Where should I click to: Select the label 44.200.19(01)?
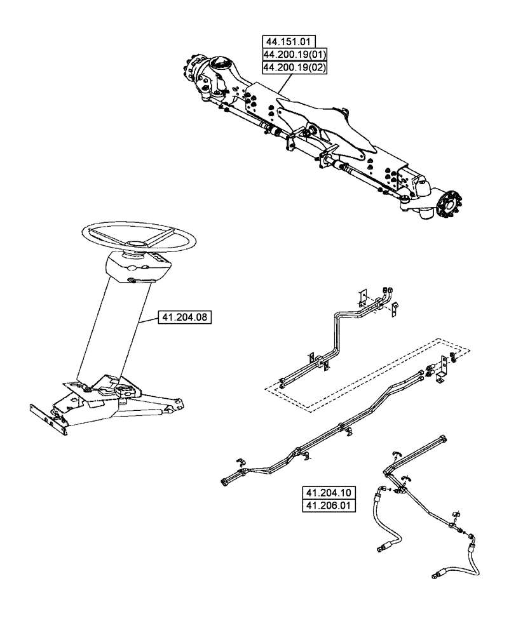pos(294,55)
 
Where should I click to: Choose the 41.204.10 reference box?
pos(325,493)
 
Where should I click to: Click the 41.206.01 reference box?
pos(325,505)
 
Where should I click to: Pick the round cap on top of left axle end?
pos(219,63)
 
